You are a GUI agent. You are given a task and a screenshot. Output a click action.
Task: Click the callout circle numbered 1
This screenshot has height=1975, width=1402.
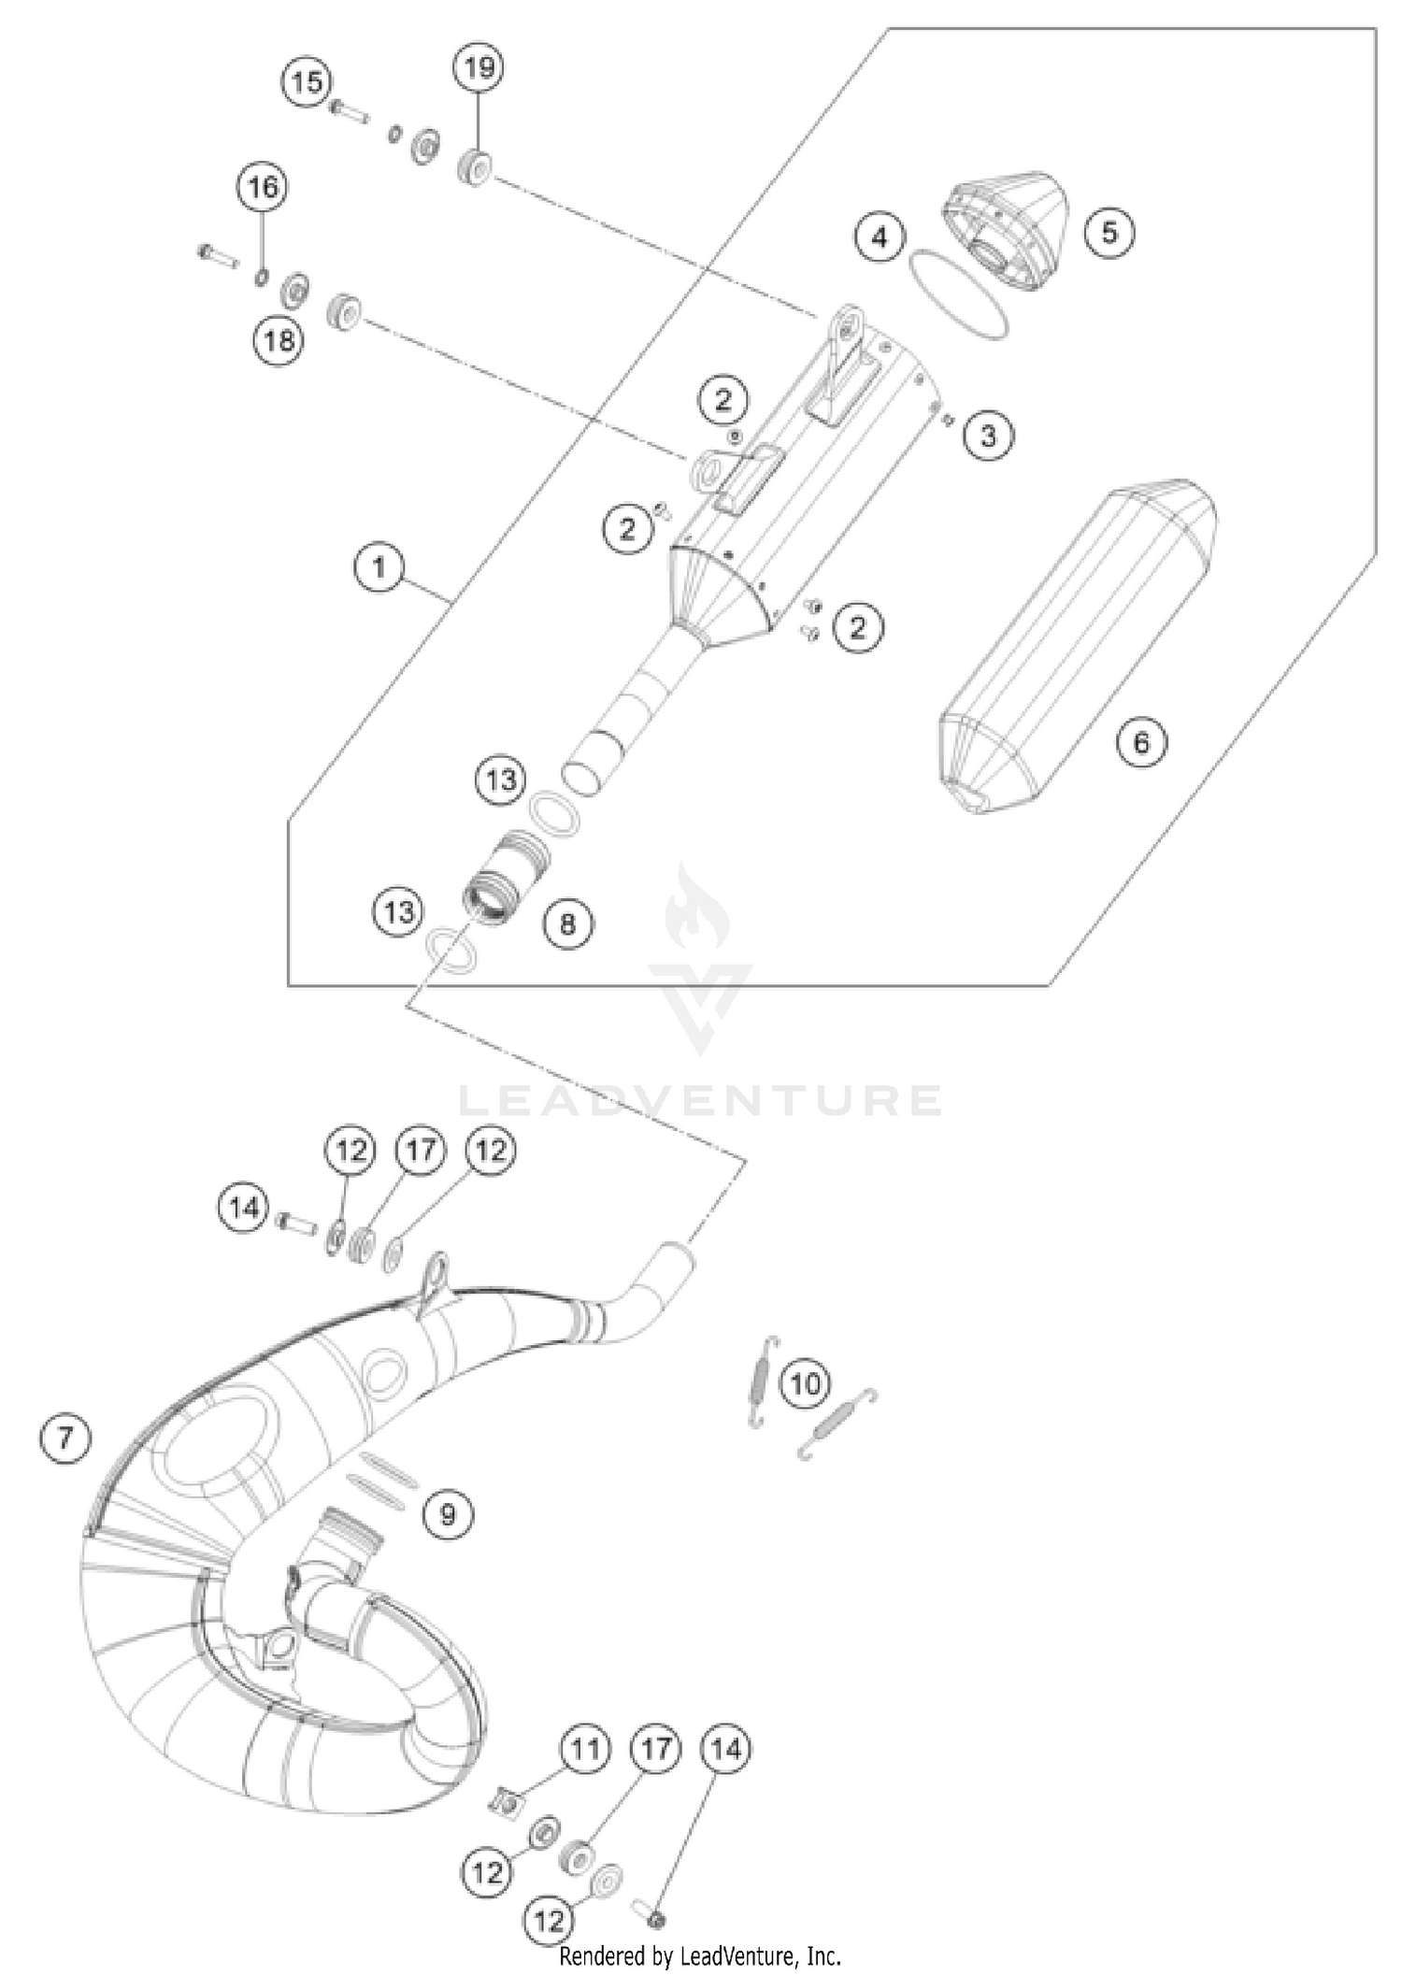[x=379, y=567]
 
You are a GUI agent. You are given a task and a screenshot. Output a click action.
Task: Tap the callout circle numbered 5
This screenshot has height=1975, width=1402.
[x=1109, y=232]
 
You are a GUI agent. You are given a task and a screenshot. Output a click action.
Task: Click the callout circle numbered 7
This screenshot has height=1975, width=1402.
[x=65, y=1437]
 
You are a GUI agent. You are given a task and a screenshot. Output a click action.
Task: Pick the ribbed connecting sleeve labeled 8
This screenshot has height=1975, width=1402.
[x=506, y=879]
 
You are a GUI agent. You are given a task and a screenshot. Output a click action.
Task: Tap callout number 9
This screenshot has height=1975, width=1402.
[x=447, y=1513]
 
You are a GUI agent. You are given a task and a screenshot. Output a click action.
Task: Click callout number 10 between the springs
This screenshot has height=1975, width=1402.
[x=805, y=1382]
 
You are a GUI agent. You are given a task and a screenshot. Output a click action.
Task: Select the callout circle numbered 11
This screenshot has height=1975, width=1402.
[x=585, y=1748]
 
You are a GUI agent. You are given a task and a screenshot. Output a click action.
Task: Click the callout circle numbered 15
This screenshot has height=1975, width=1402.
[x=307, y=82]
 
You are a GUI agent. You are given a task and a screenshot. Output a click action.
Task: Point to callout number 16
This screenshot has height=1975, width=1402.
[x=262, y=187]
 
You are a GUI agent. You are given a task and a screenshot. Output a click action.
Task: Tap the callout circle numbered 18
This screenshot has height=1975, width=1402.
[x=279, y=339]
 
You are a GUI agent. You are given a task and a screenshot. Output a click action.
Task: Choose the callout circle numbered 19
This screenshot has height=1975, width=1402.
[x=479, y=67]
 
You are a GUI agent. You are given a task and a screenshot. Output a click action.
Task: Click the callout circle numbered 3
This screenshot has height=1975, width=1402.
[x=988, y=435]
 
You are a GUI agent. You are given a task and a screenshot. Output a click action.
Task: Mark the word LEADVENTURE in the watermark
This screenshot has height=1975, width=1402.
[x=701, y=1100]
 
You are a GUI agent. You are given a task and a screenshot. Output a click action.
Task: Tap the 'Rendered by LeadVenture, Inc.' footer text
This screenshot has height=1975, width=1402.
[x=700, y=1955]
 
